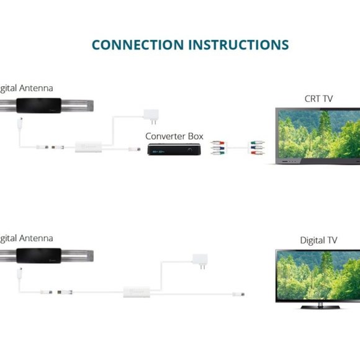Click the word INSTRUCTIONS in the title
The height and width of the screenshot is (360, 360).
[238, 45]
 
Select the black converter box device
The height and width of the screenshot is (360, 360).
[173, 150]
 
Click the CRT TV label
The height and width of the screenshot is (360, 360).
[318, 99]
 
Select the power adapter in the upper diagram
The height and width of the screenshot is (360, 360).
[151, 115]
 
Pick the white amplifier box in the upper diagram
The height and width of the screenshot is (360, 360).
[88, 147]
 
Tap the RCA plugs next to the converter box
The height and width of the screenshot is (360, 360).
[217, 150]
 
